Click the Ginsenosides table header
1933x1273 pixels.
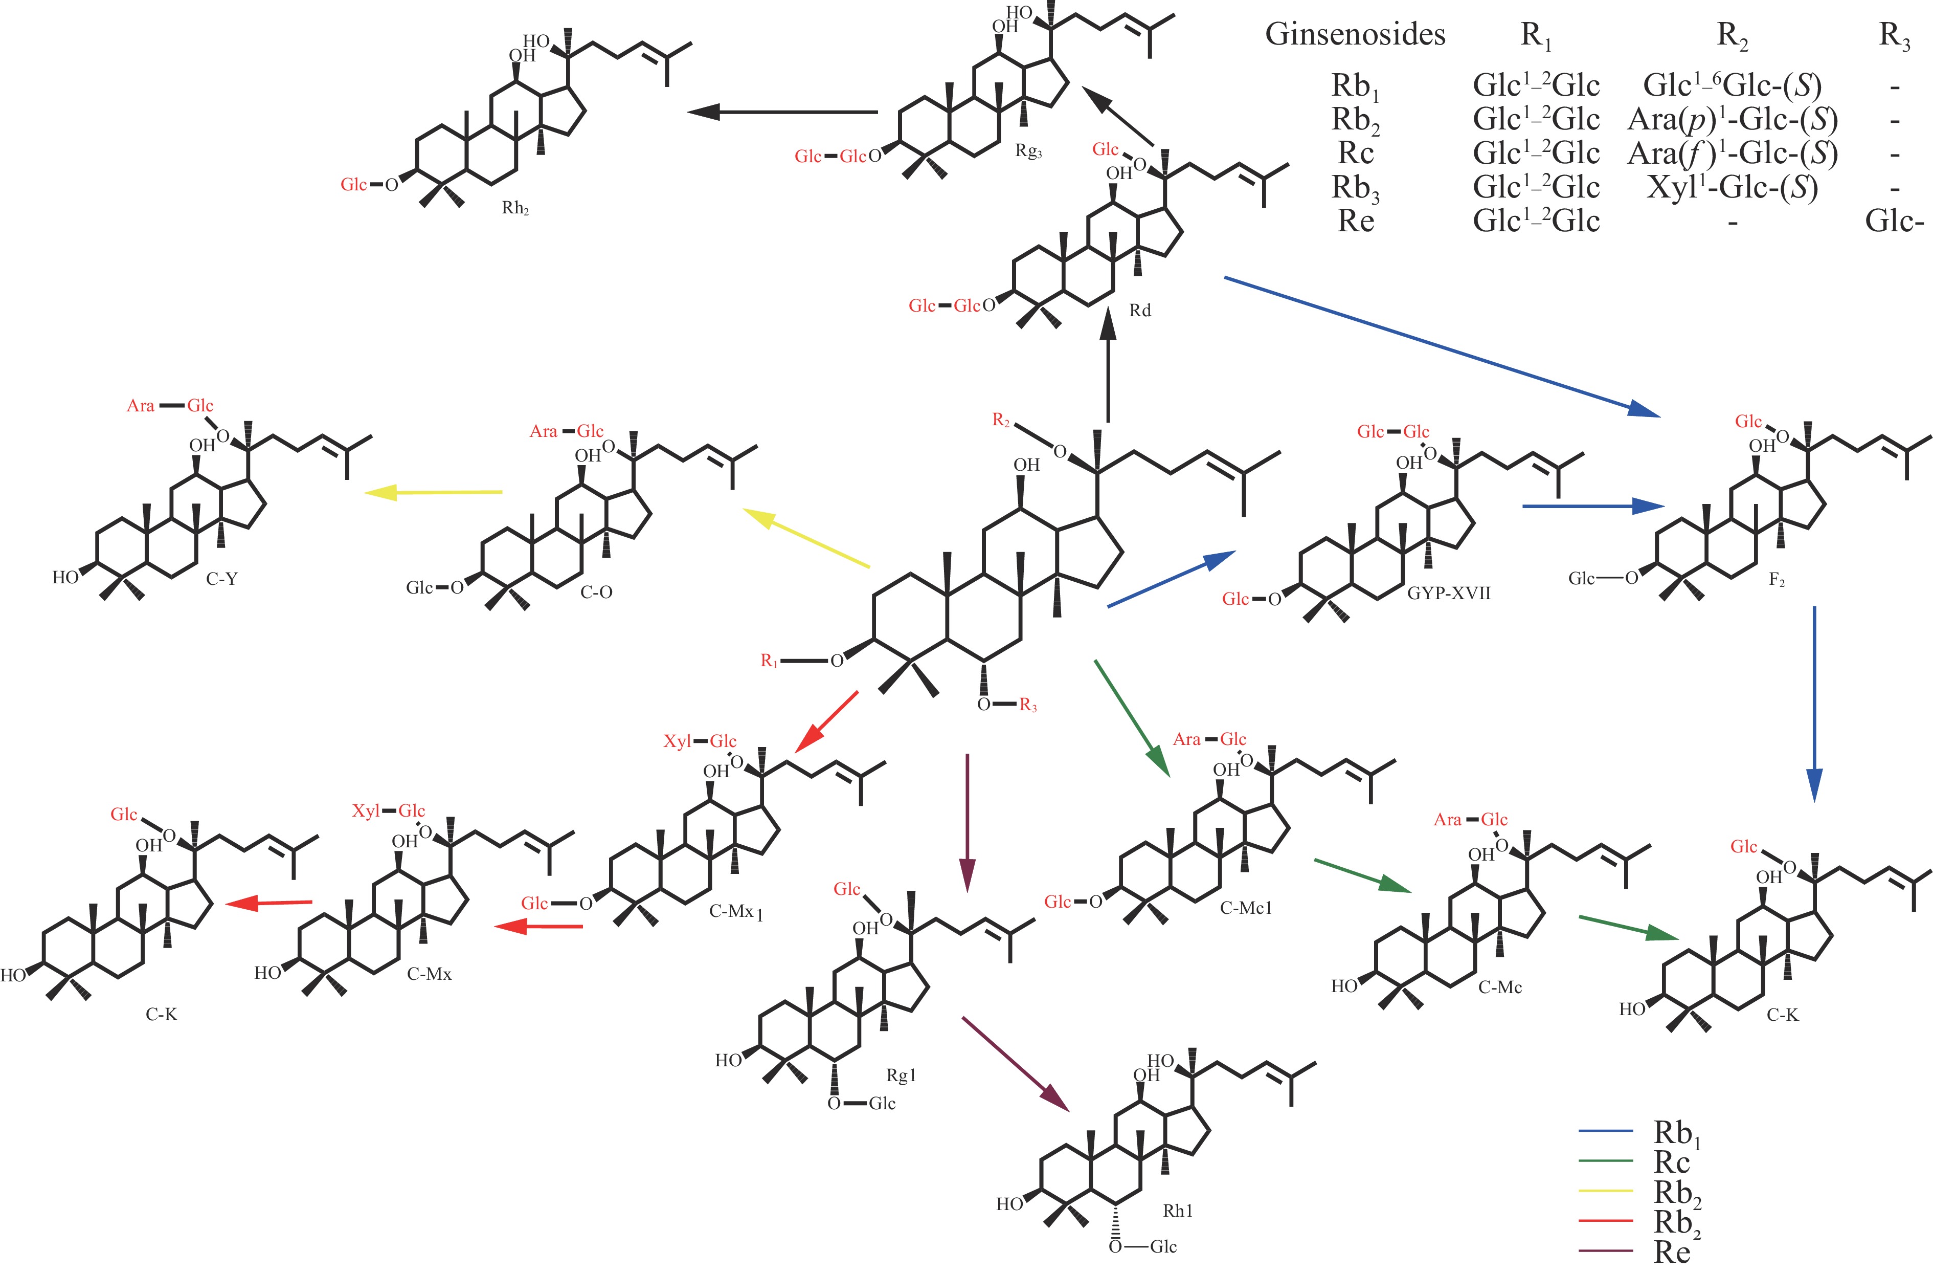point(1355,35)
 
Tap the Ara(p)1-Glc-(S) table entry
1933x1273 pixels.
point(1732,119)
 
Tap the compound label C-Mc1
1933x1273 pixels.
point(1245,908)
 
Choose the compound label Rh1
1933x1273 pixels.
point(1178,1211)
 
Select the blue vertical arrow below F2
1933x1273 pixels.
point(1814,703)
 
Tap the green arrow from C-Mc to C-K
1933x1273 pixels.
point(1628,928)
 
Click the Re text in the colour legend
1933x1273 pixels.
point(1672,1252)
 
